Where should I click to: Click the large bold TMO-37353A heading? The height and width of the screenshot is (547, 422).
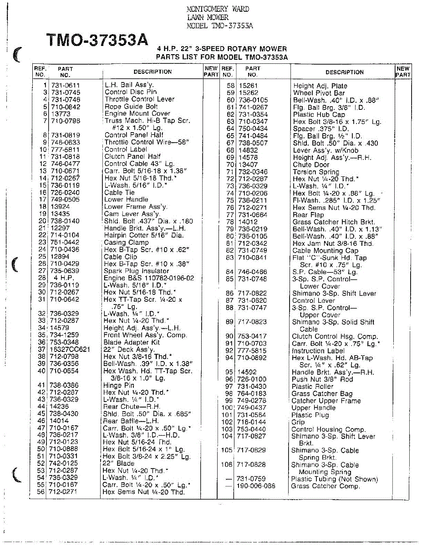[97, 41]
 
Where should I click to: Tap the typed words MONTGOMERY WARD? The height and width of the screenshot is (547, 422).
[218, 9]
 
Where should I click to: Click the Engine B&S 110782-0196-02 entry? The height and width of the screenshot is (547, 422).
[149, 278]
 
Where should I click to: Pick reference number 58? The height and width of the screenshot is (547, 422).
[230, 86]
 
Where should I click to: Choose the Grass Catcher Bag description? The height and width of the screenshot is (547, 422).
[322, 393]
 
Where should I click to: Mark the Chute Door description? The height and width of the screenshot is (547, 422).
[311, 165]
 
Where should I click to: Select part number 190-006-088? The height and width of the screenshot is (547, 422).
[256, 486]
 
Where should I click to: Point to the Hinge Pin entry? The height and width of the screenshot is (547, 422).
[119, 385]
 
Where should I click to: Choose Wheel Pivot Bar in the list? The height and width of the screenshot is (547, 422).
[319, 93]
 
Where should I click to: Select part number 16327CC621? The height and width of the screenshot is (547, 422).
[70, 350]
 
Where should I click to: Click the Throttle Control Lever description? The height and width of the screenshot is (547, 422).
[139, 99]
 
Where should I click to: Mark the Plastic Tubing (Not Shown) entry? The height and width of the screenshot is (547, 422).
[334, 479]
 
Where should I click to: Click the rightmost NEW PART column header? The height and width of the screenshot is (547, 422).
[403, 72]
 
